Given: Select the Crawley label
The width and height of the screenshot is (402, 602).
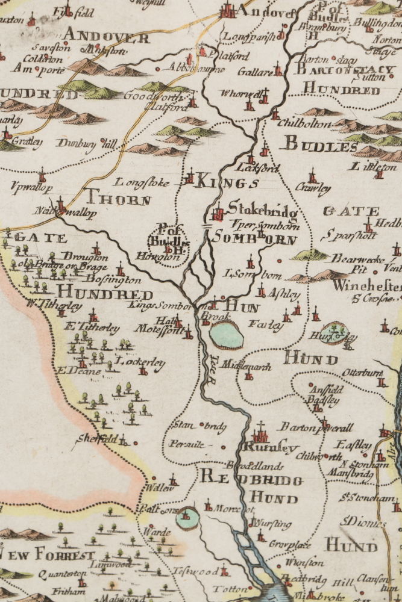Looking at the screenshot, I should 313,188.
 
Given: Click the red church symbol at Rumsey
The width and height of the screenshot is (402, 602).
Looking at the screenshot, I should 260,433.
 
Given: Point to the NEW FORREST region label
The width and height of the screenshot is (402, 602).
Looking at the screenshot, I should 48,555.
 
